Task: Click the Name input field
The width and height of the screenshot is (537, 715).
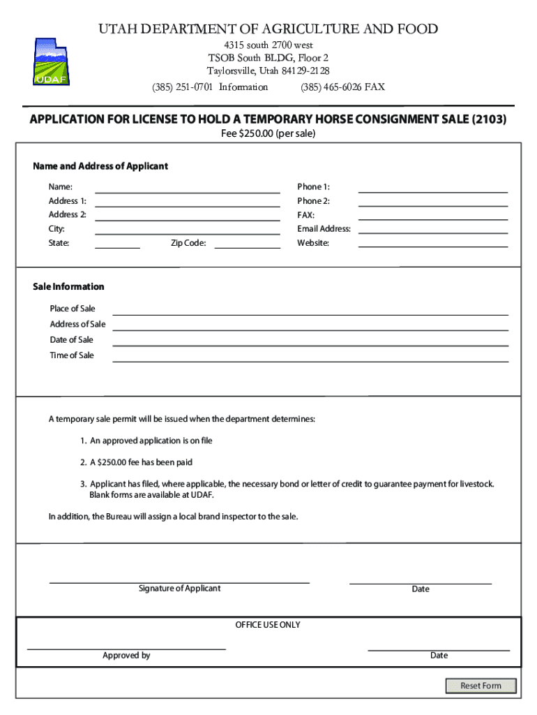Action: coord(187,187)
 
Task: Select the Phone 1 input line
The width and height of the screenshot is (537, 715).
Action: coord(432,187)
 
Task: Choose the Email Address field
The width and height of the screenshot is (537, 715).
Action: coord(432,229)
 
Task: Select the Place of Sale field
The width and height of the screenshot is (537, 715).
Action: coord(310,309)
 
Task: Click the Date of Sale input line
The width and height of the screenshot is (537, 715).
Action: coord(310,340)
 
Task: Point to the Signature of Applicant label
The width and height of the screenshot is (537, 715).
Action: coord(179,589)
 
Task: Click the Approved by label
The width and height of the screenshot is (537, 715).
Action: coord(126,656)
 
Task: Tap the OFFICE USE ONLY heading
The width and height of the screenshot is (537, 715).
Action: coord(268,625)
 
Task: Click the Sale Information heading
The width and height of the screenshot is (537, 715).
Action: coord(68,287)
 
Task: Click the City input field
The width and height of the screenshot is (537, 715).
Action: coord(187,229)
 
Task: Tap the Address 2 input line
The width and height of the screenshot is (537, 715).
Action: coord(187,215)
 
